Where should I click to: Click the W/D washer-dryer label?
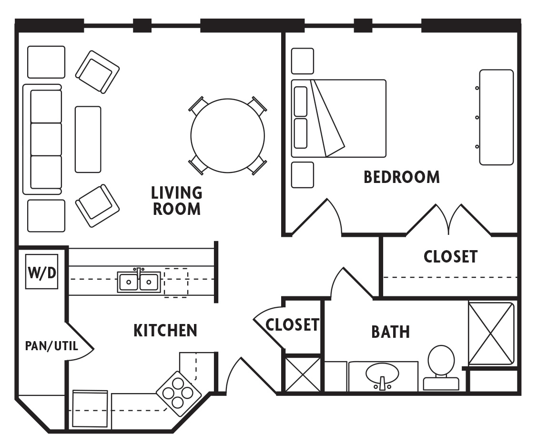[x=42, y=273]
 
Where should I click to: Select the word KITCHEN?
[x=165, y=330]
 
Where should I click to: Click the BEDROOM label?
[x=401, y=177]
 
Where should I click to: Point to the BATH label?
[x=390, y=332]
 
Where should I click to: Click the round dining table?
[x=227, y=136]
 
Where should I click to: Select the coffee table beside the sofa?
[x=88, y=139]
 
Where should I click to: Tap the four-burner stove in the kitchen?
[x=178, y=393]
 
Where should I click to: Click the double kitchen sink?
[x=138, y=282]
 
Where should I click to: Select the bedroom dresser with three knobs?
[x=496, y=117]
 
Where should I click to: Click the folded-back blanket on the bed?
[x=329, y=119]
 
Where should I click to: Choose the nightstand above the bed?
[x=302, y=61]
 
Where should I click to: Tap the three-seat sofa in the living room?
[x=43, y=139]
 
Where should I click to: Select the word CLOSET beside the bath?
[x=292, y=324]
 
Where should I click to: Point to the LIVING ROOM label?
[x=176, y=201]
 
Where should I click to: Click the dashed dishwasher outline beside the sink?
[x=176, y=283]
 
